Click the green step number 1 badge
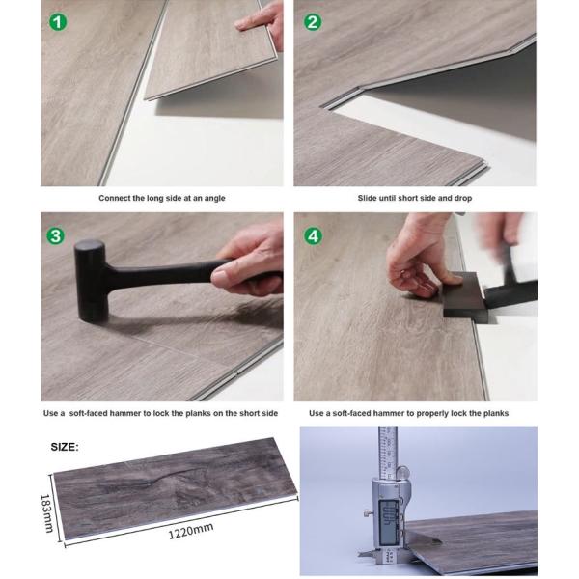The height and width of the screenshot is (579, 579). [59, 20]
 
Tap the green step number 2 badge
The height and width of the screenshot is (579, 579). [313, 20]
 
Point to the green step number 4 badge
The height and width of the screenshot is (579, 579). [313, 236]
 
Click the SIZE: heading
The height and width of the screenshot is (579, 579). [66, 447]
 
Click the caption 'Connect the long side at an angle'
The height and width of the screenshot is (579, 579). [162, 198]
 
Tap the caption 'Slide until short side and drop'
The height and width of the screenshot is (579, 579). [414, 198]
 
